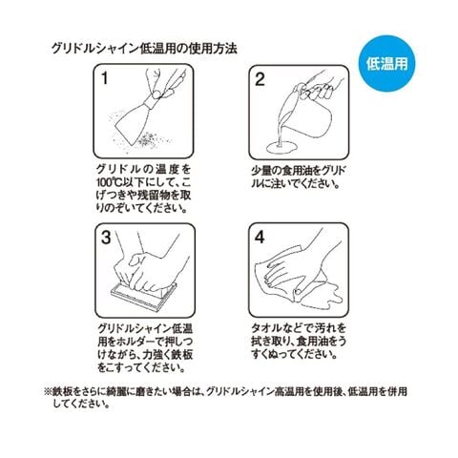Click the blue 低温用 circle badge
click(x=386, y=64)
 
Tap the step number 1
click(x=104, y=78)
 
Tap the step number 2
click(x=260, y=79)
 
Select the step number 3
click(x=106, y=238)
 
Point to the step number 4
click(x=260, y=238)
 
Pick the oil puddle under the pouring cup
click(x=281, y=148)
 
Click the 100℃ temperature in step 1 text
click(x=107, y=182)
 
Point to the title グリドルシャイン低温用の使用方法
click(x=144, y=49)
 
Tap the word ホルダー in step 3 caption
click(x=131, y=342)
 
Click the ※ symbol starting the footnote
click(x=48, y=391)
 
